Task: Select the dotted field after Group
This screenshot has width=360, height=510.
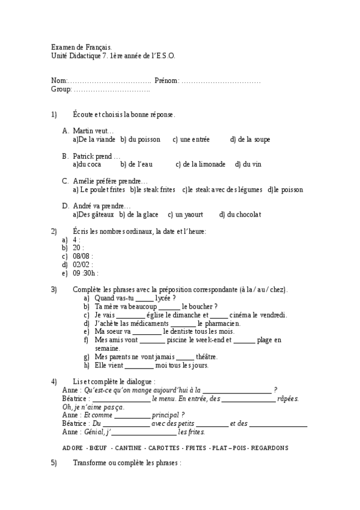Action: [112, 89]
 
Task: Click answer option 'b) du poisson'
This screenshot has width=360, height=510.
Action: [140, 140]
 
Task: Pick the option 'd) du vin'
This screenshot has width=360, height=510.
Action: [248, 164]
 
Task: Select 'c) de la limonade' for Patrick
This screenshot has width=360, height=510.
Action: [201, 164]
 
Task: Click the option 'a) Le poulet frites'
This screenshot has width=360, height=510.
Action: [99, 189]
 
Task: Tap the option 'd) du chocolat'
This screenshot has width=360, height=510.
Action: [240, 215]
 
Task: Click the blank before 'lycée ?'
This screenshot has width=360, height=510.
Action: [145, 298]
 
